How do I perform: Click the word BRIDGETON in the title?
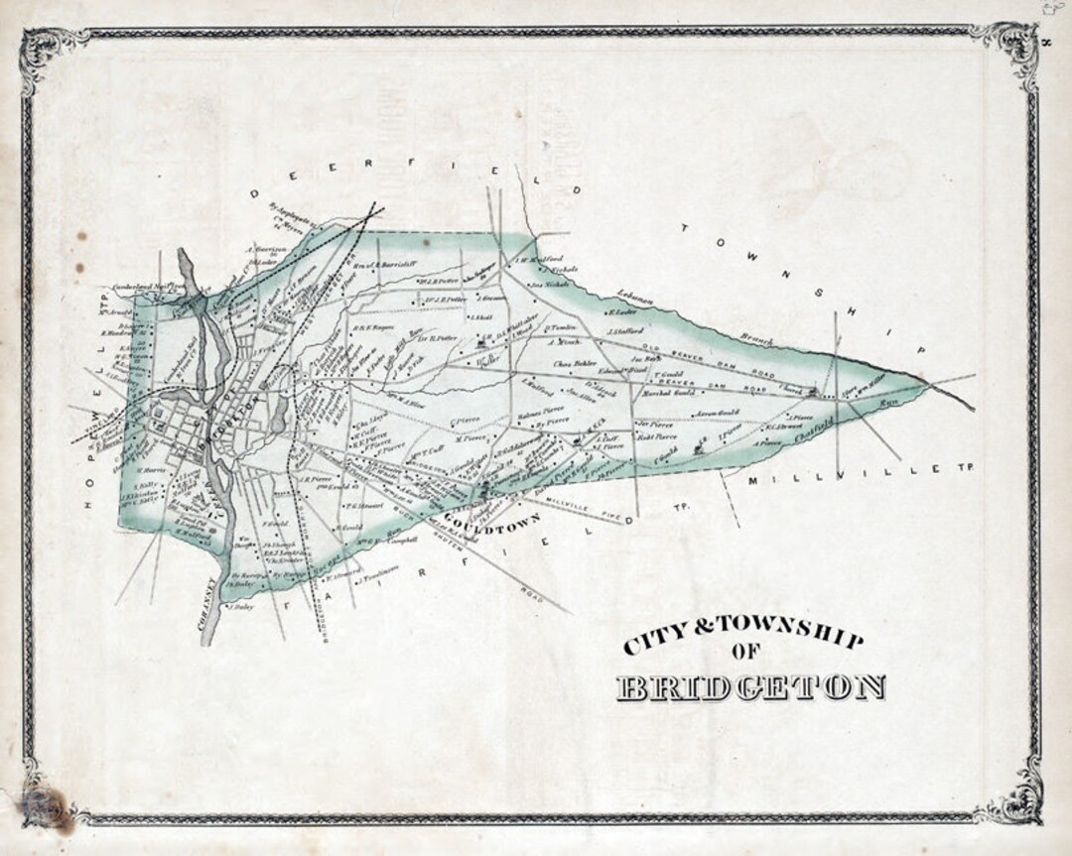(750, 686)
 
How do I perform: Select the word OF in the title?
(746, 651)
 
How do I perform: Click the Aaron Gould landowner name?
(717, 412)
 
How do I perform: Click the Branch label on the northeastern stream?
(757, 339)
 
